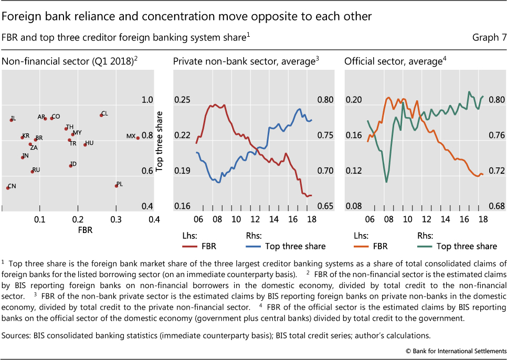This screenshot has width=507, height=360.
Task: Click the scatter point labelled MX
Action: coord(138,137)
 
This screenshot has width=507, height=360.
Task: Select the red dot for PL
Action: coord(117,185)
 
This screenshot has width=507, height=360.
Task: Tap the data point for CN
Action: coord(7,187)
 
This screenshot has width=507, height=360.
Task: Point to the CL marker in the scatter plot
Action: coord(101,115)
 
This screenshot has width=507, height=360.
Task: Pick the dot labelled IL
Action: coord(11,120)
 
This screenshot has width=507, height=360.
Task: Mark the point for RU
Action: coord(33,171)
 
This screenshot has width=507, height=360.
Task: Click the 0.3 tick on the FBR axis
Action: coord(115,218)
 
